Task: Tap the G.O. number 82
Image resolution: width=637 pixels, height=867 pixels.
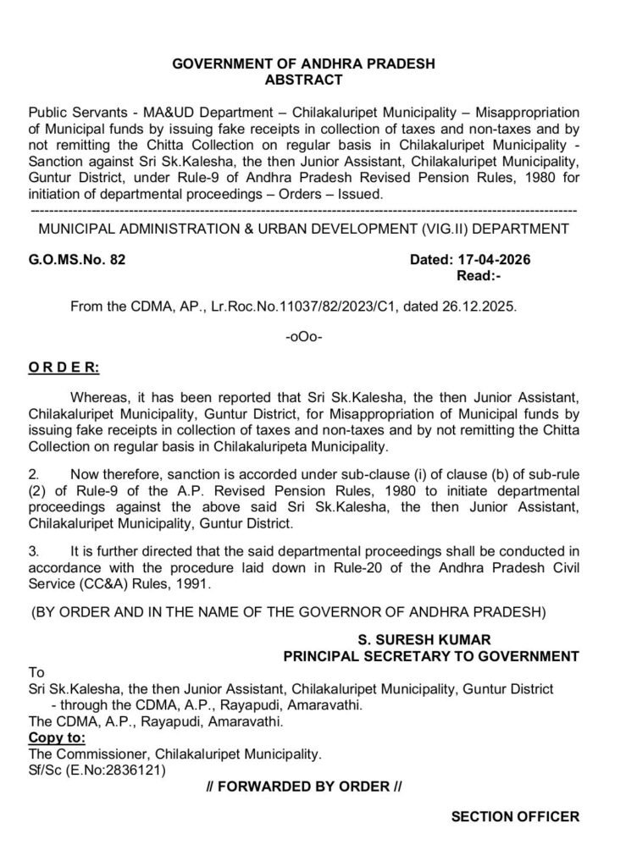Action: pos(118,260)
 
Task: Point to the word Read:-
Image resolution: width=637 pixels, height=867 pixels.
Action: pos(479,275)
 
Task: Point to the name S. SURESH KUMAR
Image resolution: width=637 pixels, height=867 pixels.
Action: pos(430,639)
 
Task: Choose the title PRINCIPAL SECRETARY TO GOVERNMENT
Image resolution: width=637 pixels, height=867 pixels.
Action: pos(430,655)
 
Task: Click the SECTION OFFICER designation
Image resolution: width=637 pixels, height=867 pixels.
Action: pos(515,817)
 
